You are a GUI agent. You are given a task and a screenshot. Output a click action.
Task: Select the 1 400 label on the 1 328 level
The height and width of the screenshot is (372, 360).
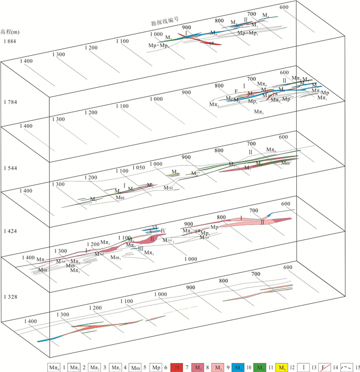pos(29,321)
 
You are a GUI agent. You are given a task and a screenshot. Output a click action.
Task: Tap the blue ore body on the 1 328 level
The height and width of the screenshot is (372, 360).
pos(49,339)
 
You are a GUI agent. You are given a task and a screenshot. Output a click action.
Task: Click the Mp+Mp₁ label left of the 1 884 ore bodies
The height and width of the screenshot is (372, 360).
pos(158,46)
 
